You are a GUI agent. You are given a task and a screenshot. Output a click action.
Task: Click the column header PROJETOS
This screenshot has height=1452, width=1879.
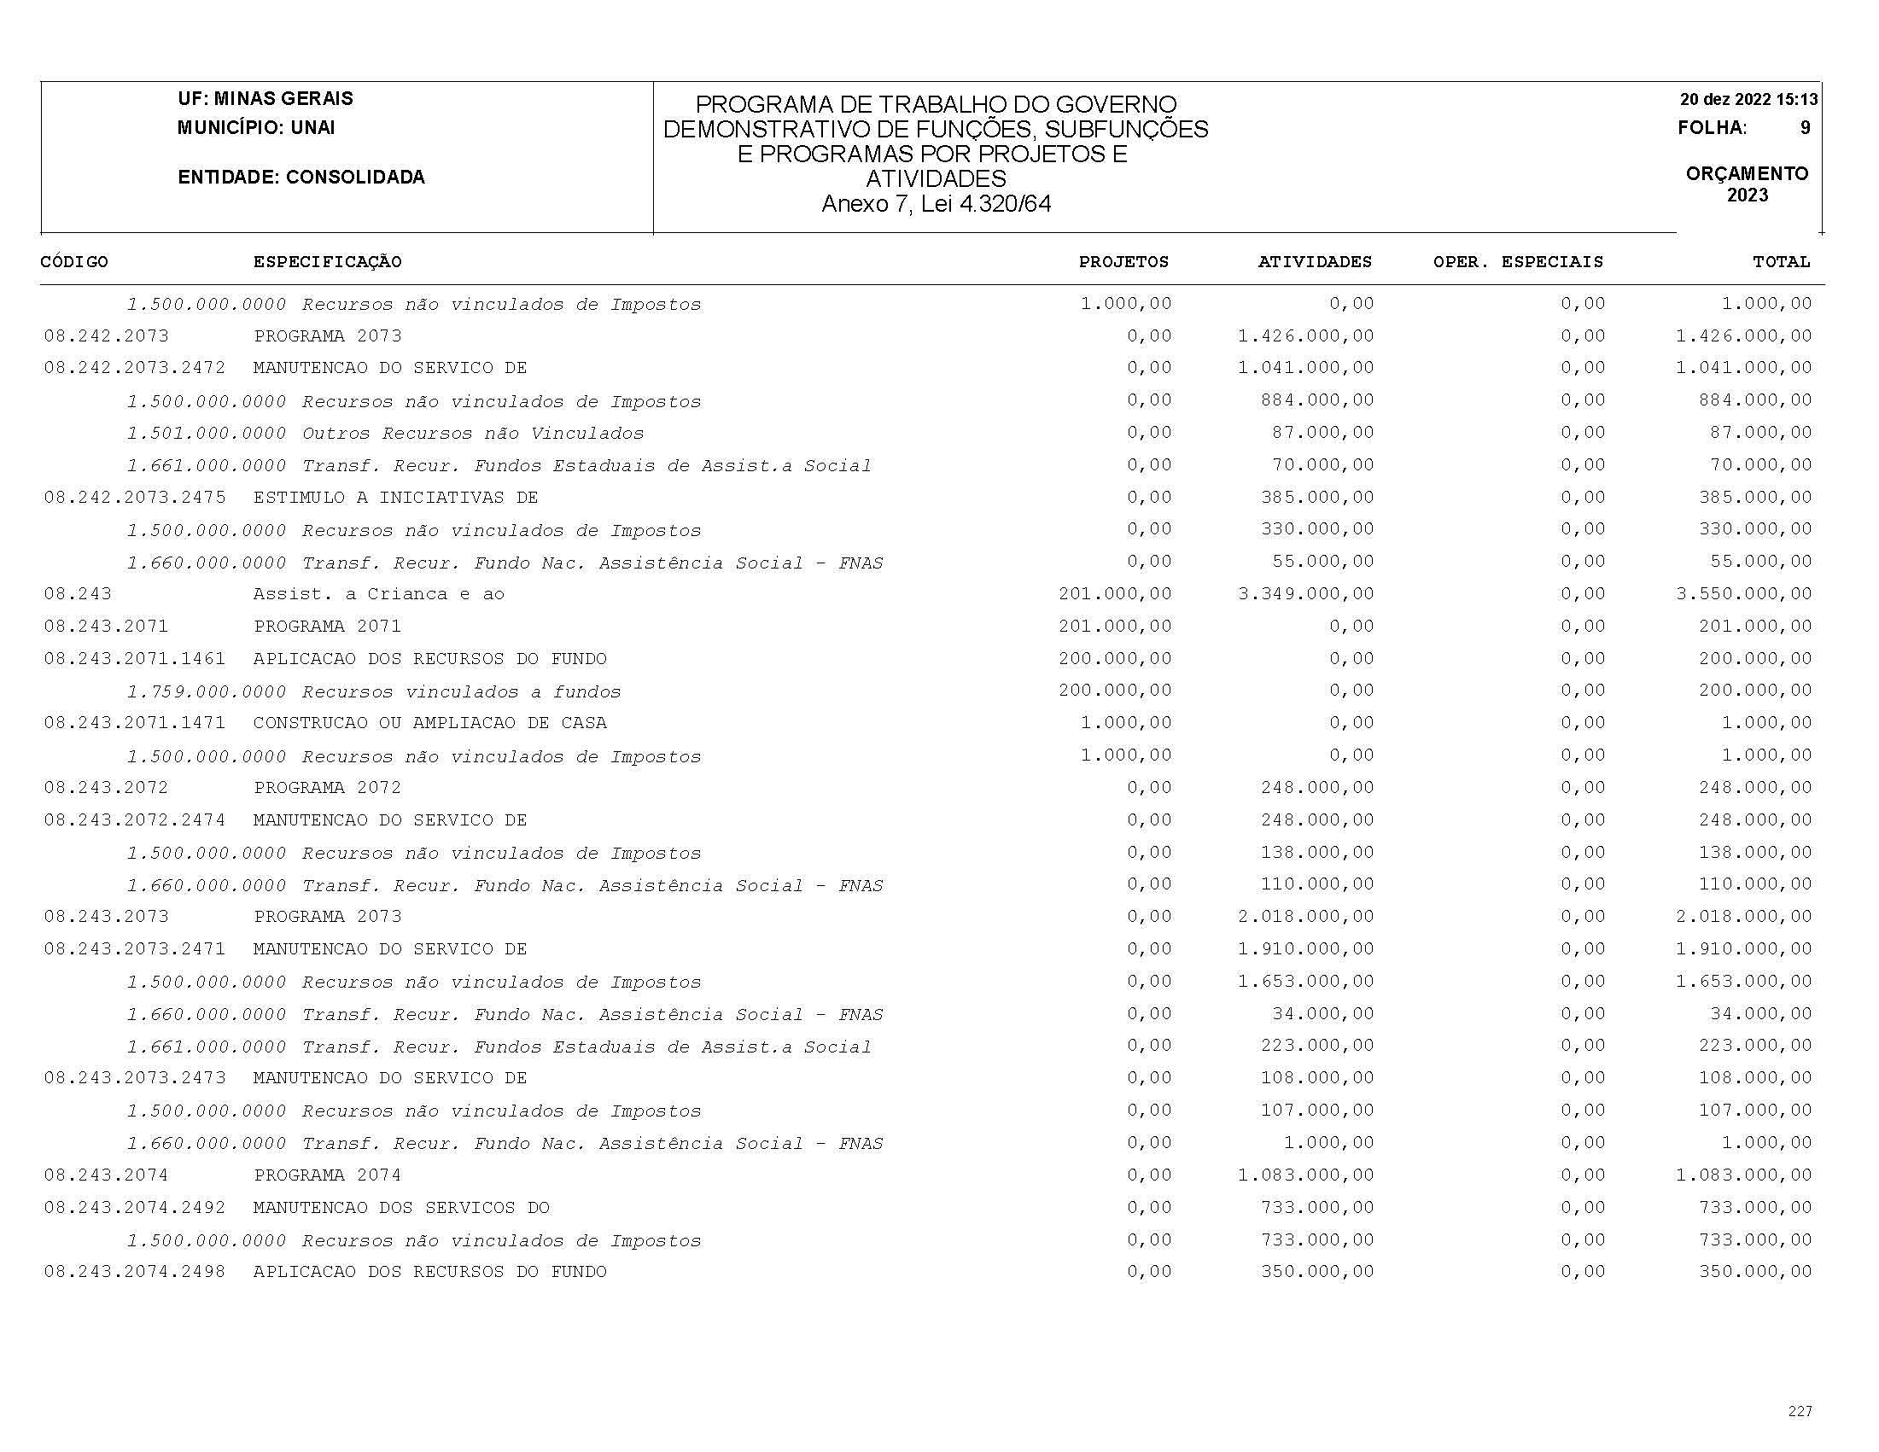click(1123, 261)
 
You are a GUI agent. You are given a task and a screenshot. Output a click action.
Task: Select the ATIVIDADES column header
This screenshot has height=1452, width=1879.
click(1315, 261)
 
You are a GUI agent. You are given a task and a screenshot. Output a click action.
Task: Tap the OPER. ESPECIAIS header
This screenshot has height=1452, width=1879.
click(1518, 261)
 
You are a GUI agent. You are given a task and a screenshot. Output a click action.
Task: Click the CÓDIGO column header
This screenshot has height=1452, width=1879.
click(74, 261)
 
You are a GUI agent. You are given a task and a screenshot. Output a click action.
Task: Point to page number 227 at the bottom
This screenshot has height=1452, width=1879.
click(1800, 1411)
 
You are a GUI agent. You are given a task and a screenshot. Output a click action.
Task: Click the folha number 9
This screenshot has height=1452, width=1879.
click(1805, 128)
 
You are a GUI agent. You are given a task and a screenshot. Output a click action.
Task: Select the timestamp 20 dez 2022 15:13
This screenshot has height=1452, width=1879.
click(1749, 99)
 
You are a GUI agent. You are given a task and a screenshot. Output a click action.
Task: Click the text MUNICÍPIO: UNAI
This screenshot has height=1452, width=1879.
click(256, 128)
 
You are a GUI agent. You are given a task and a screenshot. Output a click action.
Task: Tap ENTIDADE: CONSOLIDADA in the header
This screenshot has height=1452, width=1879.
click(301, 178)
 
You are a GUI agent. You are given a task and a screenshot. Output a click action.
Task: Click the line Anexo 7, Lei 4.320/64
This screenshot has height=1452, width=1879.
click(936, 204)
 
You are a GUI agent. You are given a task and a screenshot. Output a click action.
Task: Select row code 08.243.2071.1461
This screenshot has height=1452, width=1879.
click(134, 659)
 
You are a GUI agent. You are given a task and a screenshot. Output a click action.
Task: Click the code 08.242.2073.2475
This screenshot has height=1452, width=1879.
click(134, 497)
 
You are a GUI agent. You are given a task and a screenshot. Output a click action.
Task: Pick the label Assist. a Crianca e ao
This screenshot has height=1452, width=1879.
click(378, 594)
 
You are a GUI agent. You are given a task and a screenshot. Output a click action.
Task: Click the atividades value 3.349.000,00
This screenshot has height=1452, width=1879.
click(1306, 593)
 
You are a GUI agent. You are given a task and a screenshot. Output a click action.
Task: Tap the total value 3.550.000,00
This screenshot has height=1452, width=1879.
click(1743, 593)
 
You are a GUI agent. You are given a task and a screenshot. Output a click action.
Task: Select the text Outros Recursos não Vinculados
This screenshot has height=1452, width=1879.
click(472, 434)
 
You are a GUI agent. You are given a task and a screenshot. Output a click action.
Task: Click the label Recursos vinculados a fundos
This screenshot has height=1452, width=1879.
click(461, 691)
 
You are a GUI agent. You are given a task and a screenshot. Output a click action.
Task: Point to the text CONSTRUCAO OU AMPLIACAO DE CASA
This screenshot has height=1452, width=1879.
click(429, 723)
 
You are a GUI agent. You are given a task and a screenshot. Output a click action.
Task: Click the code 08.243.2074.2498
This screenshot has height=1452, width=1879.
click(134, 1271)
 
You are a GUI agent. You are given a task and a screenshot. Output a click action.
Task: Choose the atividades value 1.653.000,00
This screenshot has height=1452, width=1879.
click(1306, 982)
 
